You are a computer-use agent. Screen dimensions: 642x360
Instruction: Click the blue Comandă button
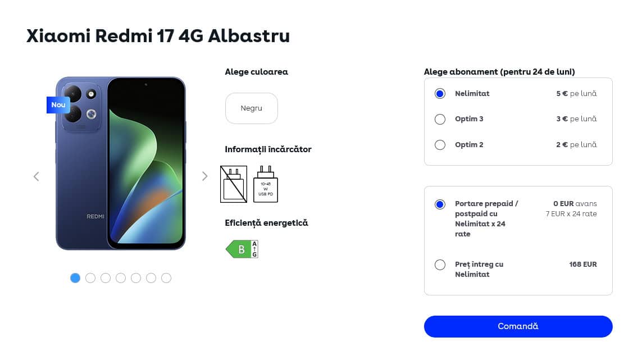click(x=518, y=326)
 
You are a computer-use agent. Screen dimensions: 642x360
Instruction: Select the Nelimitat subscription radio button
click(x=440, y=94)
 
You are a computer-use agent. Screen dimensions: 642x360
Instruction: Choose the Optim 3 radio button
click(x=440, y=119)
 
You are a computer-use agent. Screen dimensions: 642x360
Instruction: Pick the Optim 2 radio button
click(x=440, y=145)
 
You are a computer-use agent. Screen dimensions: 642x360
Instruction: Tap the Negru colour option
click(x=252, y=108)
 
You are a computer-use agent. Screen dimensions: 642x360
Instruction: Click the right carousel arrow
click(x=204, y=176)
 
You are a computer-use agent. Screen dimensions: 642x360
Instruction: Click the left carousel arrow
click(x=37, y=176)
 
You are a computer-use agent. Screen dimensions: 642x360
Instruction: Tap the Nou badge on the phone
click(x=58, y=105)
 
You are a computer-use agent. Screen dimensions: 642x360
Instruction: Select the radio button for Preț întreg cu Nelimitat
click(x=440, y=265)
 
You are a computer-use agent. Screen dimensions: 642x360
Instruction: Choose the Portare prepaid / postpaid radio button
click(x=440, y=204)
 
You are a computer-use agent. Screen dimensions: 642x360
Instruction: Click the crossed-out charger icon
click(x=234, y=184)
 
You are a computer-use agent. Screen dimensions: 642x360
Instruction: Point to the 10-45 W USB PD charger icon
click(x=266, y=184)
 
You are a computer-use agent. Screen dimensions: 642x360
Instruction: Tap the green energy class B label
click(x=242, y=249)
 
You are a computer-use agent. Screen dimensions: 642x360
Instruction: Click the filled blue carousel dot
click(x=75, y=278)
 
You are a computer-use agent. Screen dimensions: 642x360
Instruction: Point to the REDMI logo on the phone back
click(x=95, y=216)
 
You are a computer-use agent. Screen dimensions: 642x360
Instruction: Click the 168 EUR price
click(x=582, y=264)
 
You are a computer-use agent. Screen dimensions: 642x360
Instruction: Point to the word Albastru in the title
click(x=249, y=35)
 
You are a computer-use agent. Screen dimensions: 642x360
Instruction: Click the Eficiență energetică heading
click(x=266, y=223)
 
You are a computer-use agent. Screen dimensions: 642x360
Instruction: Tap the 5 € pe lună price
click(x=576, y=93)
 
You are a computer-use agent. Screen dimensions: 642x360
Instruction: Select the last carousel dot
click(x=166, y=278)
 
